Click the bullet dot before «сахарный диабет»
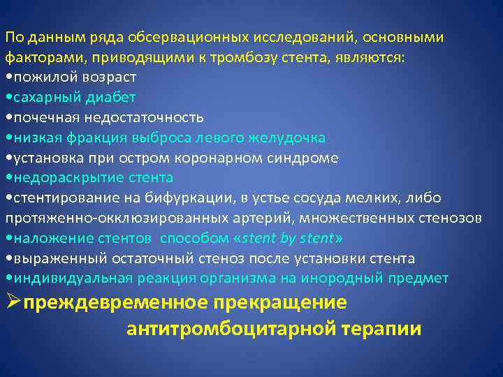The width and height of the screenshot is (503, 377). (7, 98)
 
